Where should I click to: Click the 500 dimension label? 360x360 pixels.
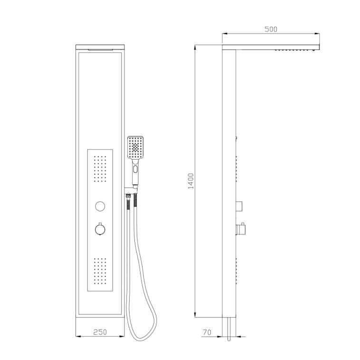point(271,29)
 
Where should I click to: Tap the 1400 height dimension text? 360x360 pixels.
point(191,181)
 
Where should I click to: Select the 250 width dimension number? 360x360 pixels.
point(100,332)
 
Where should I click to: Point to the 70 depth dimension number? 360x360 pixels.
point(207,332)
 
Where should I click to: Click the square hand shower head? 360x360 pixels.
point(135,147)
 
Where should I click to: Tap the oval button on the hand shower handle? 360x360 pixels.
point(135,170)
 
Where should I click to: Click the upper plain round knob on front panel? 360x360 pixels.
point(100,206)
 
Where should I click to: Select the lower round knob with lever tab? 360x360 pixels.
point(100,228)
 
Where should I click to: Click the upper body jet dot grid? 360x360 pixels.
point(100,169)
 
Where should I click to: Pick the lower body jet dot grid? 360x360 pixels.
point(100,271)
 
